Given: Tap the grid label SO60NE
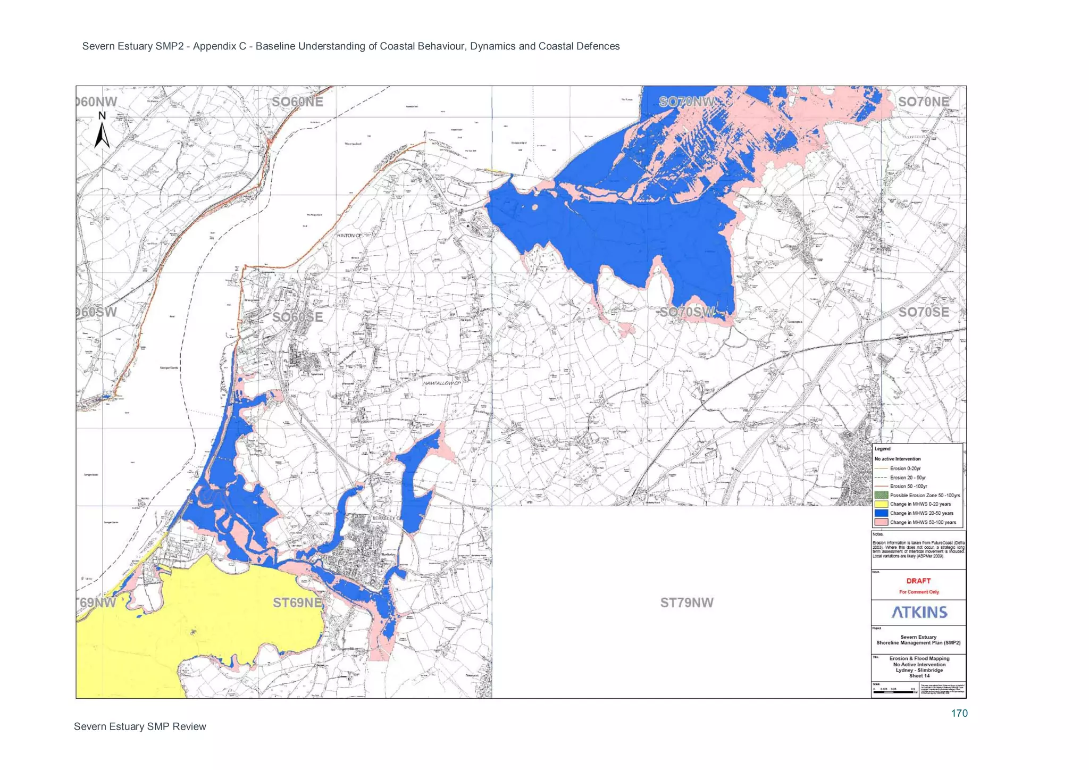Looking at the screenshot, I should (x=297, y=102).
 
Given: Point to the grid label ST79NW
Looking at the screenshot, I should (x=686, y=602).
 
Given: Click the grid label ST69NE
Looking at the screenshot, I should (x=297, y=602).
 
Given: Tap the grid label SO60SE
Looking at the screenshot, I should (x=297, y=317).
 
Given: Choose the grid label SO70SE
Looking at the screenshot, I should (x=923, y=312).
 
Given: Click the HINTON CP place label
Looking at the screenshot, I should (x=349, y=235).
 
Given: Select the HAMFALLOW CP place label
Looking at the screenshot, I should (x=442, y=383).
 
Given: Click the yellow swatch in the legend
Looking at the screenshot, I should (x=881, y=504).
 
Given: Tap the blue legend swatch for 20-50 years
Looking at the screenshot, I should (x=881, y=513).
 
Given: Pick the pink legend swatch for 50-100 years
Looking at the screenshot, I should (x=881, y=522).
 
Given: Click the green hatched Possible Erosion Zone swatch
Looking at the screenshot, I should (x=881, y=495).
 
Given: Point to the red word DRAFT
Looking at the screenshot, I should (x=918, y=581).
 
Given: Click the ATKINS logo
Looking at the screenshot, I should (x=919, y=612).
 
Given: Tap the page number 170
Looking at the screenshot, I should (x=959, y=714).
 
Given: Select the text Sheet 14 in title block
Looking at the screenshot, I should (x=919, y=676).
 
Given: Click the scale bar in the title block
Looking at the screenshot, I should (x=894, y=692).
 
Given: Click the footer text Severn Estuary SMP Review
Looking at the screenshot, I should (x=140, y=726).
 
